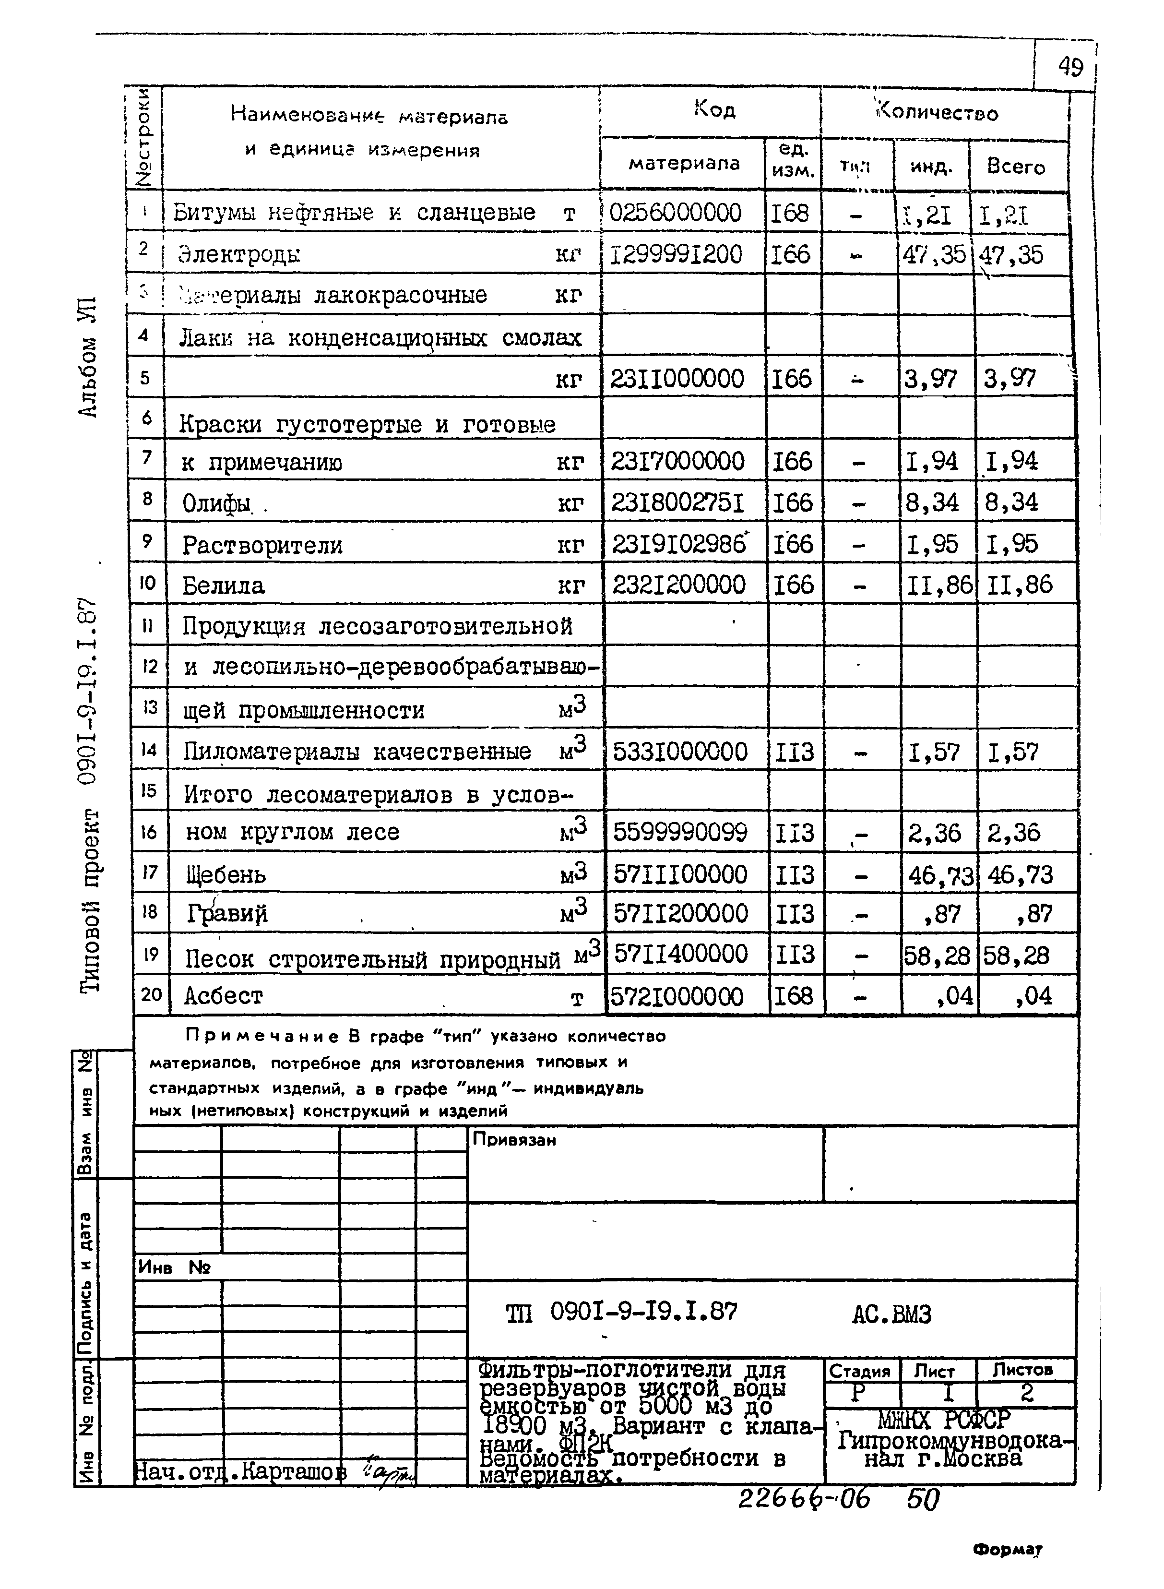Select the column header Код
tap(714, 109)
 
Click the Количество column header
tap(937, 113)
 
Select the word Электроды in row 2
tap(239, 254)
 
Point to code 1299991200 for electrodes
tap(675, 254)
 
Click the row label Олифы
tap(216, 503)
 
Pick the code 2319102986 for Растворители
tap(678, 544)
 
